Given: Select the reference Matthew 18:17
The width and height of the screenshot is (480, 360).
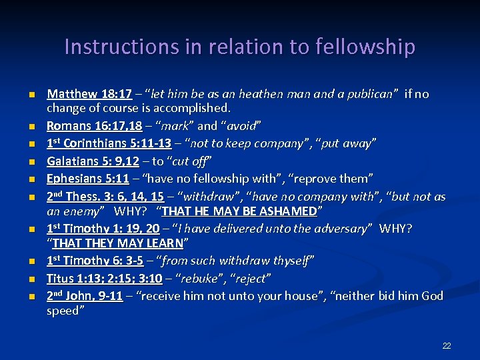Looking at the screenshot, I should (x=89, y=94).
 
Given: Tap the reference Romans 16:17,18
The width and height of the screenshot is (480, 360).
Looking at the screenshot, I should (x=94, y=125).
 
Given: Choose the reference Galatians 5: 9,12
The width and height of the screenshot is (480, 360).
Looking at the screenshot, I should (x=94, y=161).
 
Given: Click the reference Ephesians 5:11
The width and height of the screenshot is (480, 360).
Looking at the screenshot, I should (x=87, y=178).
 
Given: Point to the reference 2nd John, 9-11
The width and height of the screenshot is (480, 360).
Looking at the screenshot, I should (x=85, y=295).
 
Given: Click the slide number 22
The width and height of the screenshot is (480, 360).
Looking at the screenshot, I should (x=447, y=345).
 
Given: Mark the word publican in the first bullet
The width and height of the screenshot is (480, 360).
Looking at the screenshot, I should (x=369, y=94).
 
